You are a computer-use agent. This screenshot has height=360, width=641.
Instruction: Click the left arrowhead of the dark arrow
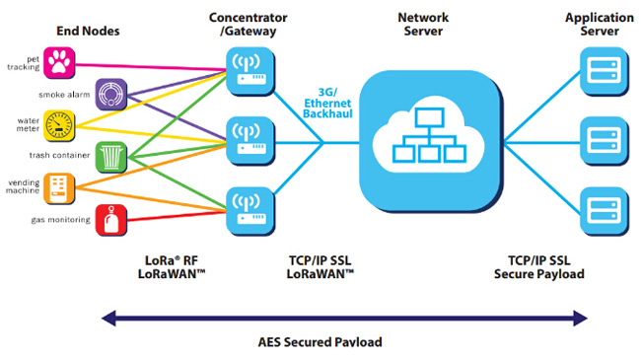pos(109,318)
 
